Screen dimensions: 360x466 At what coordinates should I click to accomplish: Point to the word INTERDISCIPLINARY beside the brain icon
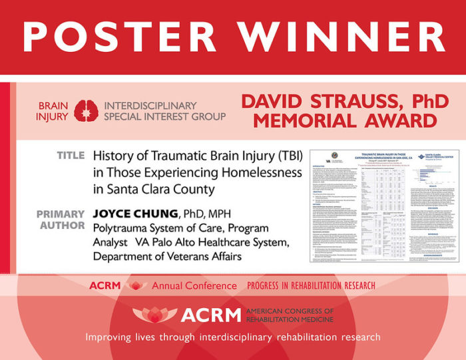150,105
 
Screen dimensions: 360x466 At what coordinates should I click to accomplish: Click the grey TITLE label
71,156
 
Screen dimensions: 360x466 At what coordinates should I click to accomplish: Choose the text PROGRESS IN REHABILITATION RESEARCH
311,285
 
